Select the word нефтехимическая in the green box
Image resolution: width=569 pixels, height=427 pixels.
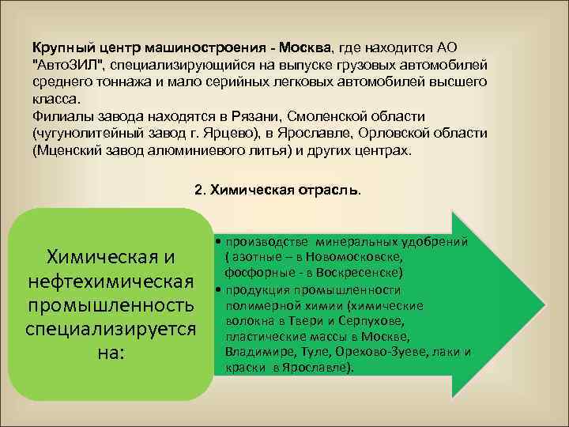[111, 282]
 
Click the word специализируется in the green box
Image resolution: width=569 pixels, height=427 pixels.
[111, 327]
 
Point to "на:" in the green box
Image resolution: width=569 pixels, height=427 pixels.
[110, 350]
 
